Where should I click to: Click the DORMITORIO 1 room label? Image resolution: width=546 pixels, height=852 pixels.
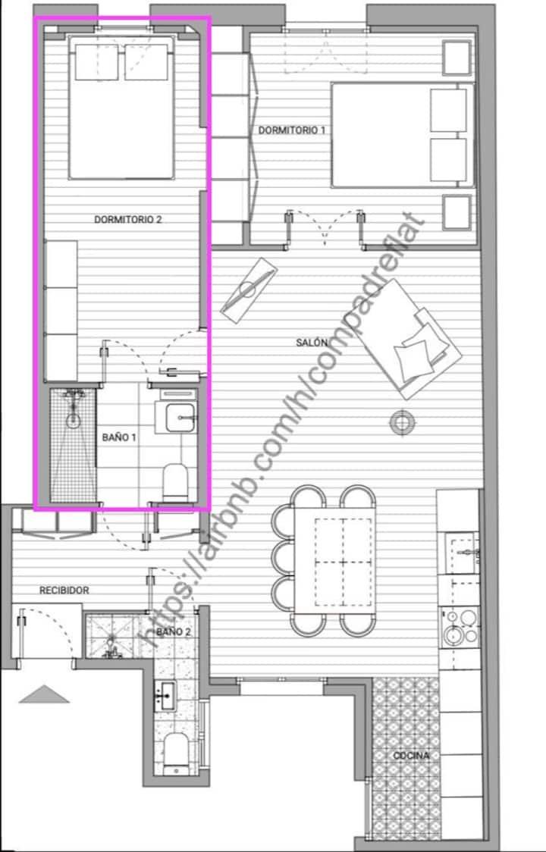tap(291, 130)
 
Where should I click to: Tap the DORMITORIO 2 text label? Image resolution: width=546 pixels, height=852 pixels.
tap(128, 220)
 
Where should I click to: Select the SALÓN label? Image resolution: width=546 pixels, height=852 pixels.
tap(312, 343)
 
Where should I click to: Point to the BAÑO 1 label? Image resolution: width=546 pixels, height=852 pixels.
tap(119, 437)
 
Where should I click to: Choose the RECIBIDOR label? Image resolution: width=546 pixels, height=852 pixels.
tap(64, 590)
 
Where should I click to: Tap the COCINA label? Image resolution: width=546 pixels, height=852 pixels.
tap(411, 756)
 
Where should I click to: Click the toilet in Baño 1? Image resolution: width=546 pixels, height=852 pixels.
tap(176, 481)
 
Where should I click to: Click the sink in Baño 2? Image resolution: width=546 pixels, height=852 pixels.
tap(165, 695)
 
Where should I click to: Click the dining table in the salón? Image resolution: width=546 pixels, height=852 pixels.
tap(334, 560)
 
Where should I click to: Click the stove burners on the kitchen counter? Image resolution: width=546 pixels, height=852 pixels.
tap(460, 627)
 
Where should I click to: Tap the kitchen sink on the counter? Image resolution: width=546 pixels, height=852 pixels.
tap(463, 553)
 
